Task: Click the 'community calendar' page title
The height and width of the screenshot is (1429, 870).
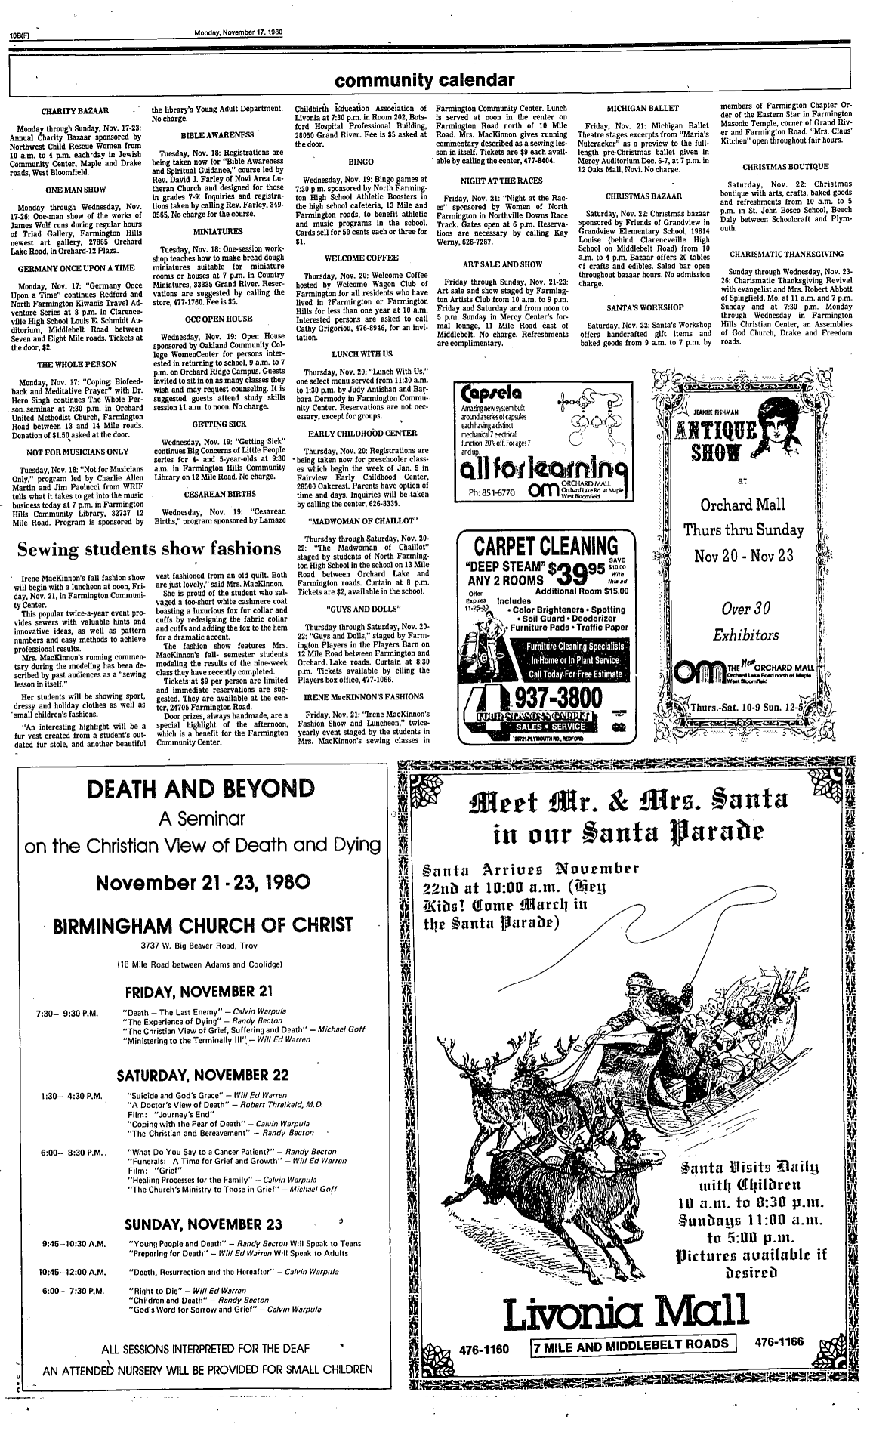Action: pyautogui.click(x=425, y=81)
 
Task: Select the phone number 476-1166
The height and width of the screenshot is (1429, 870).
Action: pyautogui.click(x=779, y=1341)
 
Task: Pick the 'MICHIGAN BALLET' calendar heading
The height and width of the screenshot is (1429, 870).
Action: pyautogui.click(x=644, y=109)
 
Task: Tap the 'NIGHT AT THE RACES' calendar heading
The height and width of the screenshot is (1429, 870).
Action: pyautogui.click(x=498, y=181)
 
